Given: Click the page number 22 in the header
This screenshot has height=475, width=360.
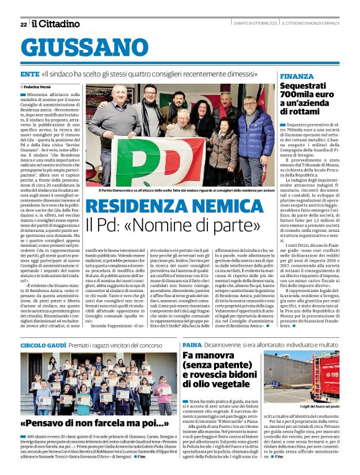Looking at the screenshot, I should click(x=23, y=24).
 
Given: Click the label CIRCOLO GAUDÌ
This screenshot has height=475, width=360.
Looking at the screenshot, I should click(x=43, y=344).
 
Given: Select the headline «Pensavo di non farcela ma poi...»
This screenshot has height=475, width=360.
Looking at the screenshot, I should click(x=91, y=424).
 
